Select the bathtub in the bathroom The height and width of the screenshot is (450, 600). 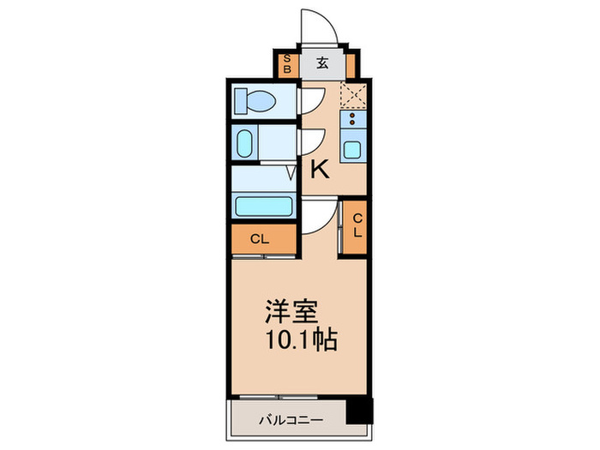pos(263,207)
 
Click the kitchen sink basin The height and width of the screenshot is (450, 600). pos(352,151)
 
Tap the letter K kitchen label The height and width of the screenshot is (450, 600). pos(319,170)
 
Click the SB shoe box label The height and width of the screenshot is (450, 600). pos(288,63)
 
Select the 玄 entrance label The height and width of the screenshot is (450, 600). pos(321,63)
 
